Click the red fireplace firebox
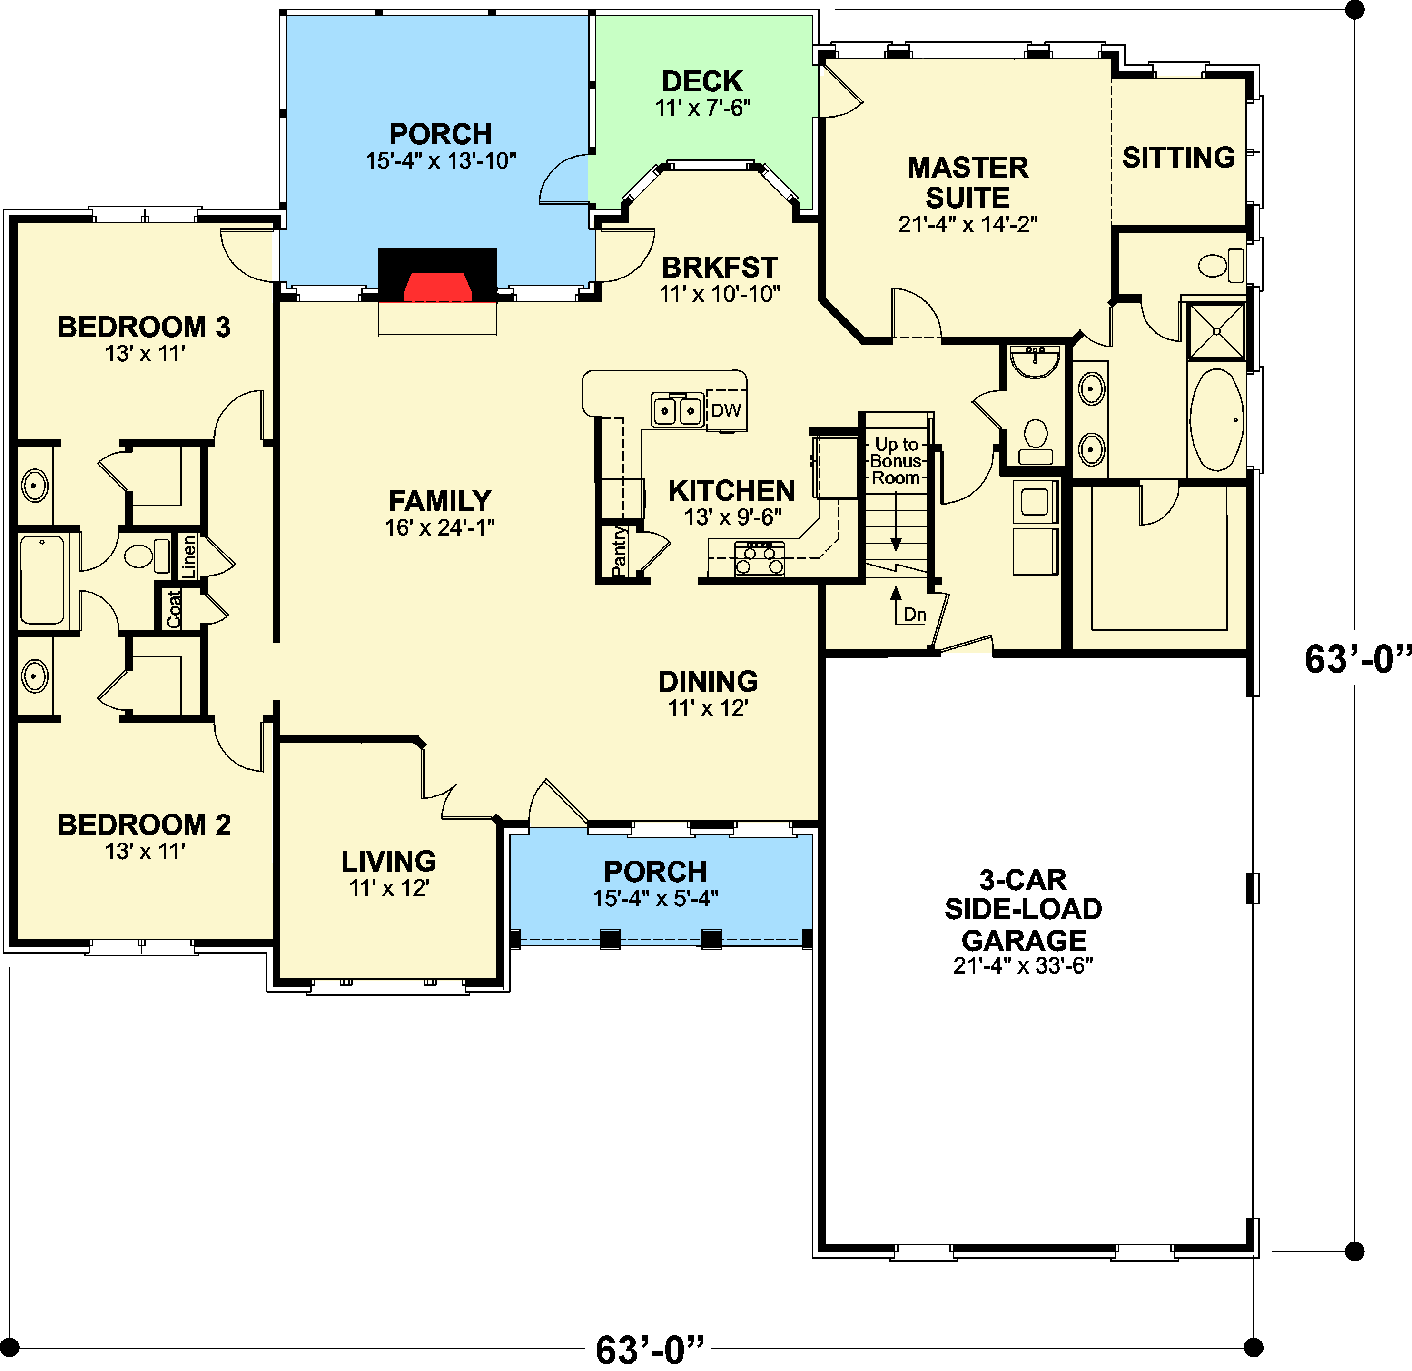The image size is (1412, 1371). tap(437, 286)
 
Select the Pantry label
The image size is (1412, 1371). tap(619, 552)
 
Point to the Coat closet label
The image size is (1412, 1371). tap(174, 609)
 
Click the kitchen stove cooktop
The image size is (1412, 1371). tap(760, 559)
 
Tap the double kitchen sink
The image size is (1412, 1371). tap(677, 410)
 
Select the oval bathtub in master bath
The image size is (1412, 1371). tap(1217, 420)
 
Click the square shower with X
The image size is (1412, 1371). tap(1217, 331)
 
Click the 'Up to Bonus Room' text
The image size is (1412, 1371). tap(896, 461)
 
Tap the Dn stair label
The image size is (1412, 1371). tap(915, 615)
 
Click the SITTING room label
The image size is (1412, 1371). tap(1179, 157)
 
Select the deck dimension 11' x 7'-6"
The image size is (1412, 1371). tap(703, 108)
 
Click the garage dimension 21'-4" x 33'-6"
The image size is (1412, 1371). tap(1023, 965)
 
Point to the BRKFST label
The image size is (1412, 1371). tap(720, 267)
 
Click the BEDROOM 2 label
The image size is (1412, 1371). tap(144, 825)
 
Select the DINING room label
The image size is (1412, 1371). tap(708, 682)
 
